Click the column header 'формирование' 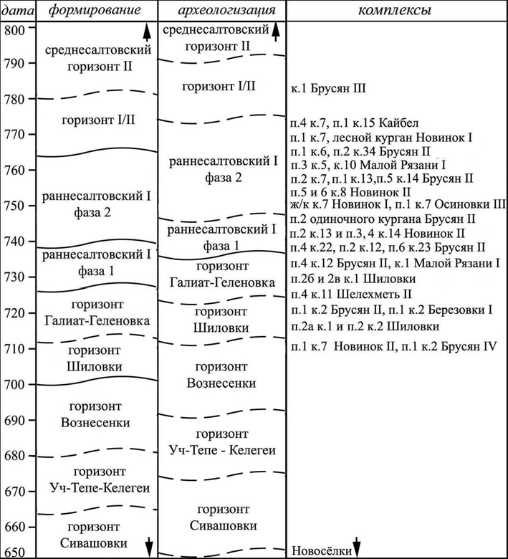tap(96, 11)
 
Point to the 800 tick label tap(15, 29)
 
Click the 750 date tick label tap(15, 206)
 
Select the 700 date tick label tap(15, 384)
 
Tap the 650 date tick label tap(15, 552)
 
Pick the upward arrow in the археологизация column tap(276, 30)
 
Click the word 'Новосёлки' tap(319, 550)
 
